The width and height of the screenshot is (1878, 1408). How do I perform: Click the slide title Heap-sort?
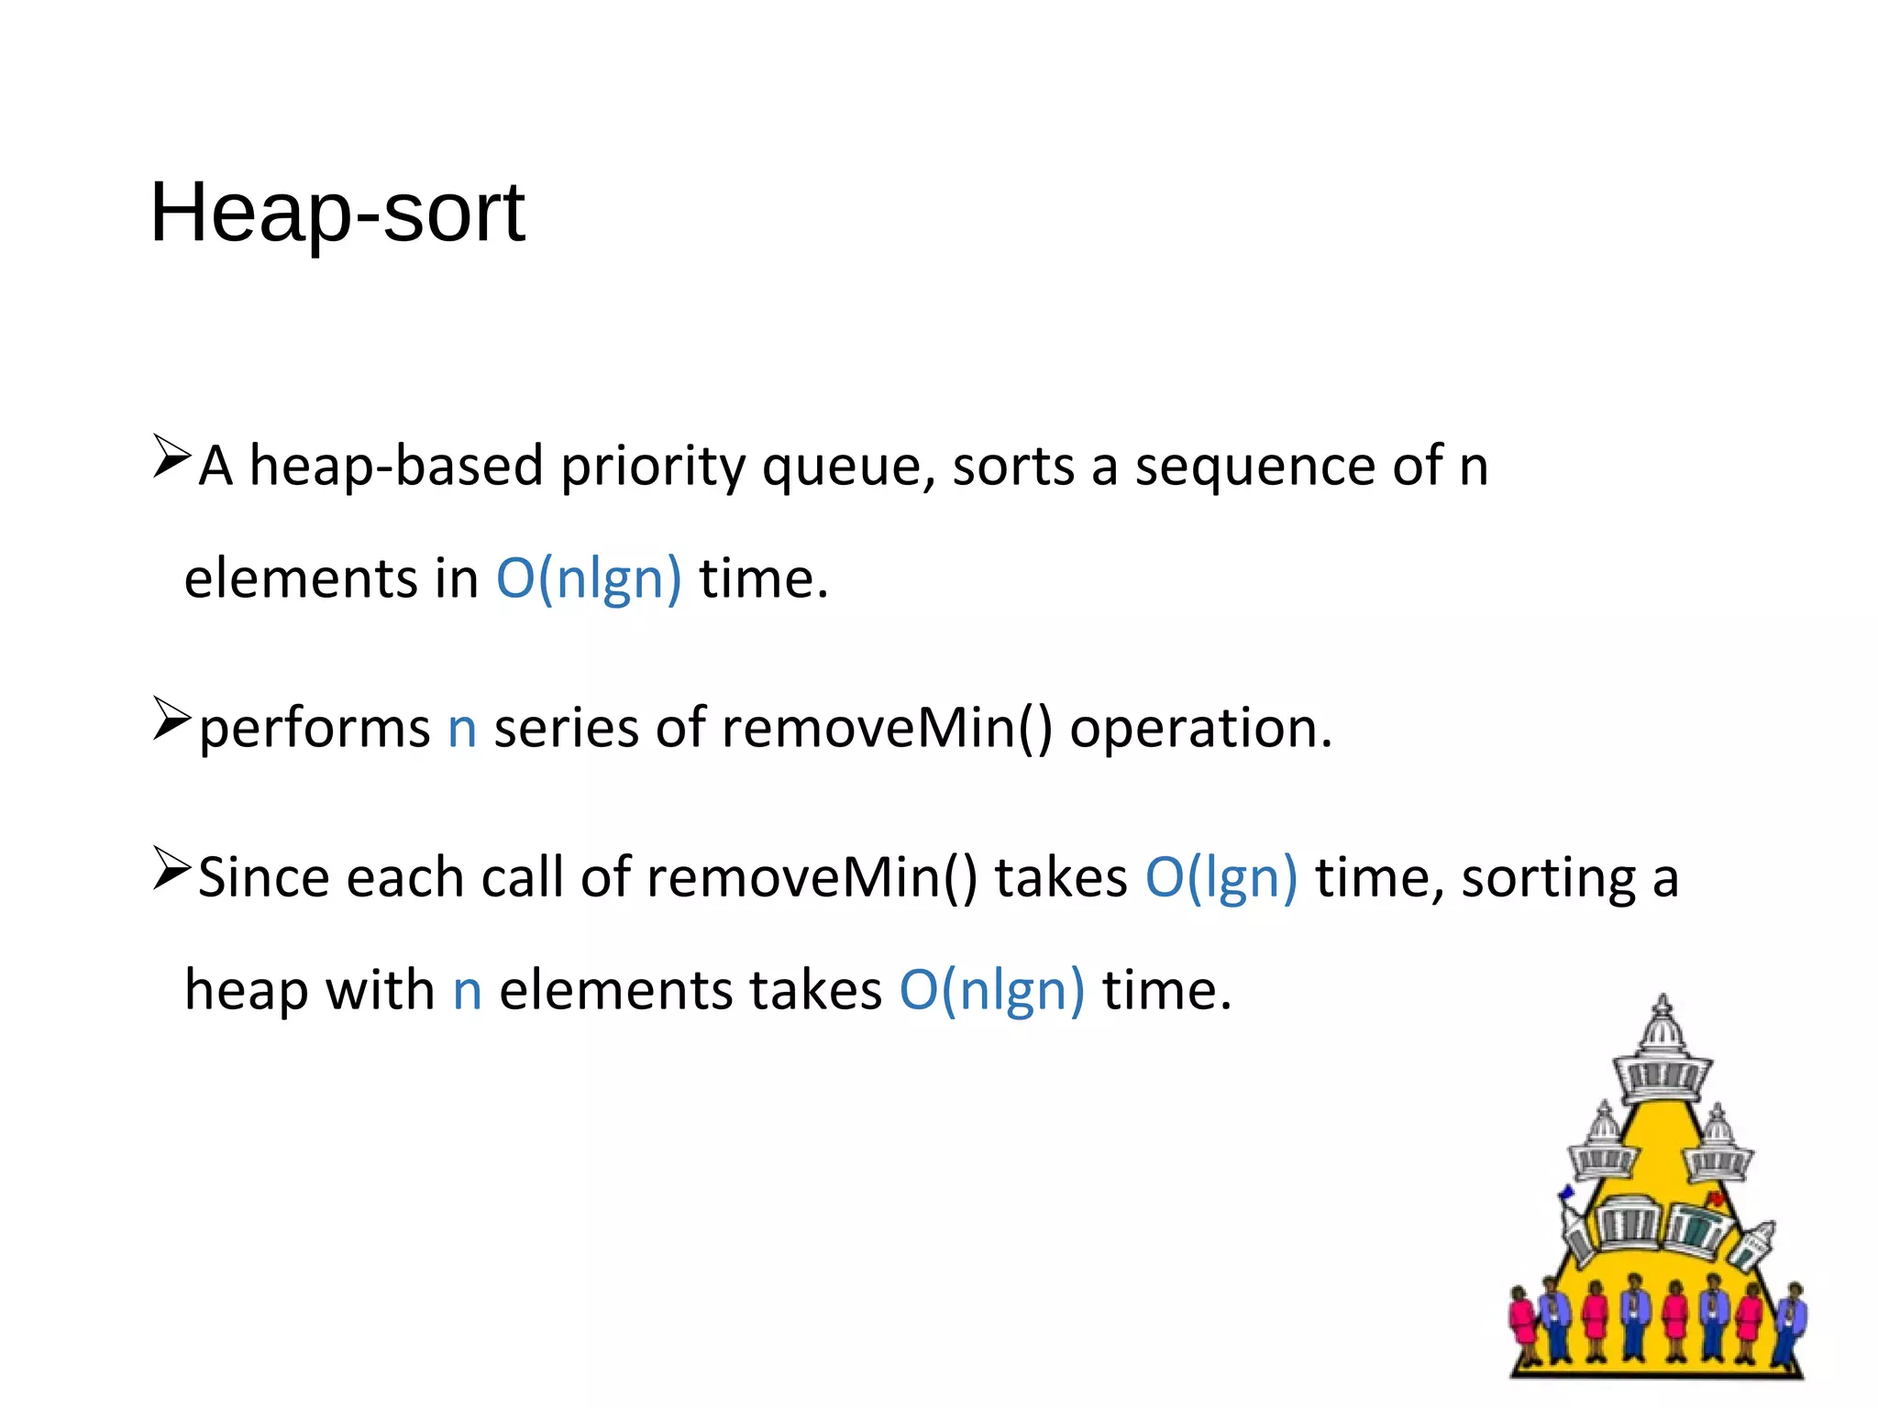[337, 213]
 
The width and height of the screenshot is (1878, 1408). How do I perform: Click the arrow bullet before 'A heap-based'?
[171, 456]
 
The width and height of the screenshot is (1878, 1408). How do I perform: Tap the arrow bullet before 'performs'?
[171, 718]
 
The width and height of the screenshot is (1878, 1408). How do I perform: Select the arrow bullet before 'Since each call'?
[171, 868]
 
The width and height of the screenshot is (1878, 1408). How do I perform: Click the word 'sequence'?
[1254, 466]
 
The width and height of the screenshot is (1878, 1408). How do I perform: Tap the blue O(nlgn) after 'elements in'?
[589, 579]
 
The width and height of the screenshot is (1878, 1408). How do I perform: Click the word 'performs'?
[314, 729]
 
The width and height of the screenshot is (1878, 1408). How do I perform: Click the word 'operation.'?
[1200, 729]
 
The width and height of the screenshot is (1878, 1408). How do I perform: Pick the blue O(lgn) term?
[1221, 878]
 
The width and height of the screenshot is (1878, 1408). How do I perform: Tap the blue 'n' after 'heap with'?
[467, 992]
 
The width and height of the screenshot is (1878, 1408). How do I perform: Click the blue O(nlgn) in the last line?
[991, 992]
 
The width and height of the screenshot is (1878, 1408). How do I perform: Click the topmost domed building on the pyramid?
[1663, 1054]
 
